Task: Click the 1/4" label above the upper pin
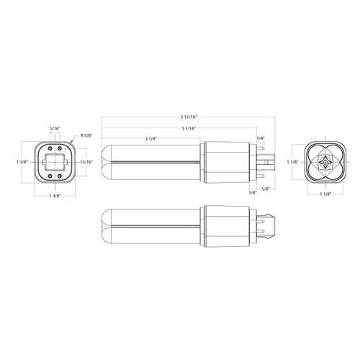coord(260,139)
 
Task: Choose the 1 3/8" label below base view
coord(55,196)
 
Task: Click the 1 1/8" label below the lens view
coord(325,194)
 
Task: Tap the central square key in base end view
coord(55,161)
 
